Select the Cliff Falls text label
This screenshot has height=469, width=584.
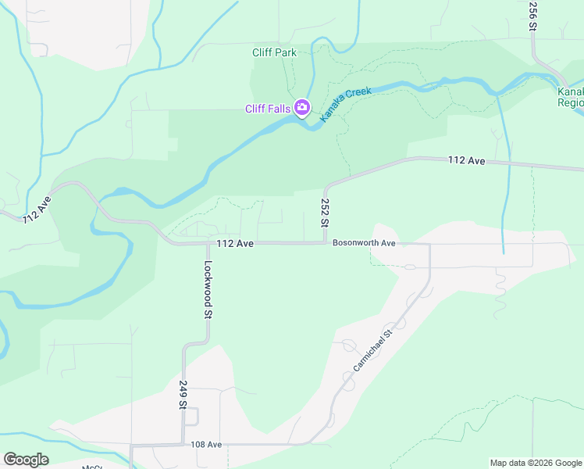click(267, 109)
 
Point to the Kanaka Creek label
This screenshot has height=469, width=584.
click(346, 102)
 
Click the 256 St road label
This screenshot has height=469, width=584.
click(532, 16)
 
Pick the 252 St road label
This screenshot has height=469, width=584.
click(325, 213)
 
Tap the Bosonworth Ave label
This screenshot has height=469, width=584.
click(365, 243)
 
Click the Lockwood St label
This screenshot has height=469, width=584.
click(208, 291)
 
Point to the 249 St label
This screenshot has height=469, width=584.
click(183, 395)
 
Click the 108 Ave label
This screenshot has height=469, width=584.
click(206, 445)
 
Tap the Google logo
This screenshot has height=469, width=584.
click(26, 460)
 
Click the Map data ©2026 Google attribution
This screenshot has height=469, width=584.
click(536, 463)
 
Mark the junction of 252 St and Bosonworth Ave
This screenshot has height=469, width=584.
click(325, 243)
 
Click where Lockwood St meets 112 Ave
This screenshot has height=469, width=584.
click(208, 243)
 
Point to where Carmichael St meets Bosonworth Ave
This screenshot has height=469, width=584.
click(429, 244)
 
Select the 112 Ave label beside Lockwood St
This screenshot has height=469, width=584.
click(235, 244)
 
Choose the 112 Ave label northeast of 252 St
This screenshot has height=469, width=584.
click(467, 161)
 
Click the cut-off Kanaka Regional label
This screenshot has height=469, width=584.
click(571, 97)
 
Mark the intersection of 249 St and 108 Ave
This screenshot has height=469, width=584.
click(183, 445)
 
